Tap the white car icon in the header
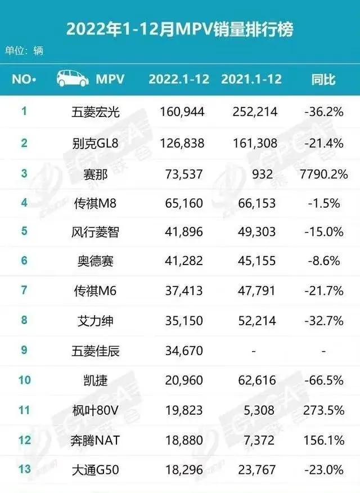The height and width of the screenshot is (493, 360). pyautogui.click(x=73, y=79)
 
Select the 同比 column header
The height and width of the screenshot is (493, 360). pyautogui.click(x=323, y=79)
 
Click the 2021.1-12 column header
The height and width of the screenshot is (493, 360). pyautogui.click(x=251, y=79)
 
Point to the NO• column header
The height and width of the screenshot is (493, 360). pyautogui.click(x=24, y=79)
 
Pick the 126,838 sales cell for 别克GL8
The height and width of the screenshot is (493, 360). pyautogui.click(x=179, y=143)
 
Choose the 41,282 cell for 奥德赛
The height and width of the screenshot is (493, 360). pyautogui.click(x=179, y=261)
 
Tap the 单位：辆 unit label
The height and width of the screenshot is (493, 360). pyautogui.click(x=24, y=51)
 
